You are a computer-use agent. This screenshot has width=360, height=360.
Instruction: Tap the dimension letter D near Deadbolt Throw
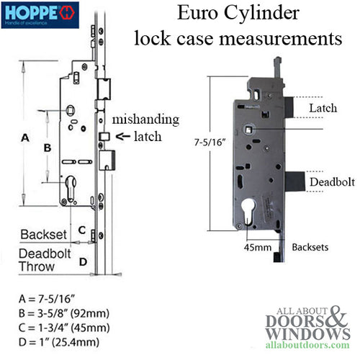point(82,261)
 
